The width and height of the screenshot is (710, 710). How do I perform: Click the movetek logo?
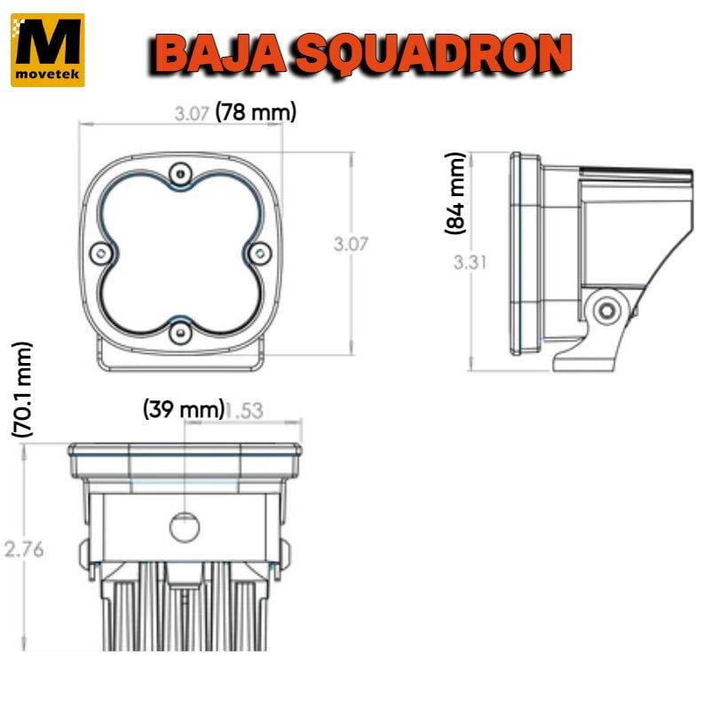48,50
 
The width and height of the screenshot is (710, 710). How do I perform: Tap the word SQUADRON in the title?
432,56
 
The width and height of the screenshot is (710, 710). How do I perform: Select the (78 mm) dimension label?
256,112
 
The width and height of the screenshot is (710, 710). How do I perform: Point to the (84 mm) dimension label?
455,193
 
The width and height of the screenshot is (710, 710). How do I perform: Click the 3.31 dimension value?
470,262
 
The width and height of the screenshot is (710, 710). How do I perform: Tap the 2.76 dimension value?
24,549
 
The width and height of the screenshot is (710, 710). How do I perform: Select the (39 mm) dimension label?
184,409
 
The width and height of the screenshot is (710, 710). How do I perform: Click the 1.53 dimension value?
244,411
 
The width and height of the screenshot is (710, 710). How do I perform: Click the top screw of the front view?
181,173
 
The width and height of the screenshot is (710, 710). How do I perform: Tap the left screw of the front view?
101,254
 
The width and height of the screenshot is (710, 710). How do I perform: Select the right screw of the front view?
260,254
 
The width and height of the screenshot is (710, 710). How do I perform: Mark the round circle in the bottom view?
185,526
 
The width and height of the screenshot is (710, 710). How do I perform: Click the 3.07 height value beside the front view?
351,244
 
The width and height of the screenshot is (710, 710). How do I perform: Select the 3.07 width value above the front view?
192,114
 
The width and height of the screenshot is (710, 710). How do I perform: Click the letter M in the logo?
48,42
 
